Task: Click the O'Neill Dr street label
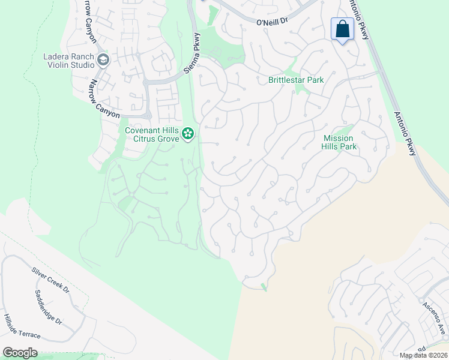pos(273,22)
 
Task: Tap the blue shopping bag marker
pos(342,29)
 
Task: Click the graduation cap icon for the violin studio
pos(103,59)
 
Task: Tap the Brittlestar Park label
pos(296,80)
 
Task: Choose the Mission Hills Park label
pos(340,142)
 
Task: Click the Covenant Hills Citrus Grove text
pos(152,134)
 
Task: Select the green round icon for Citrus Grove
pos(188,133)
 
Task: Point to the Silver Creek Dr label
pos(51,281)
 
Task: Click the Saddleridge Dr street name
pos(48,307)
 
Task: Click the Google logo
pos(20,353)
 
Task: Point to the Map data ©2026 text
pos(423,355)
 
